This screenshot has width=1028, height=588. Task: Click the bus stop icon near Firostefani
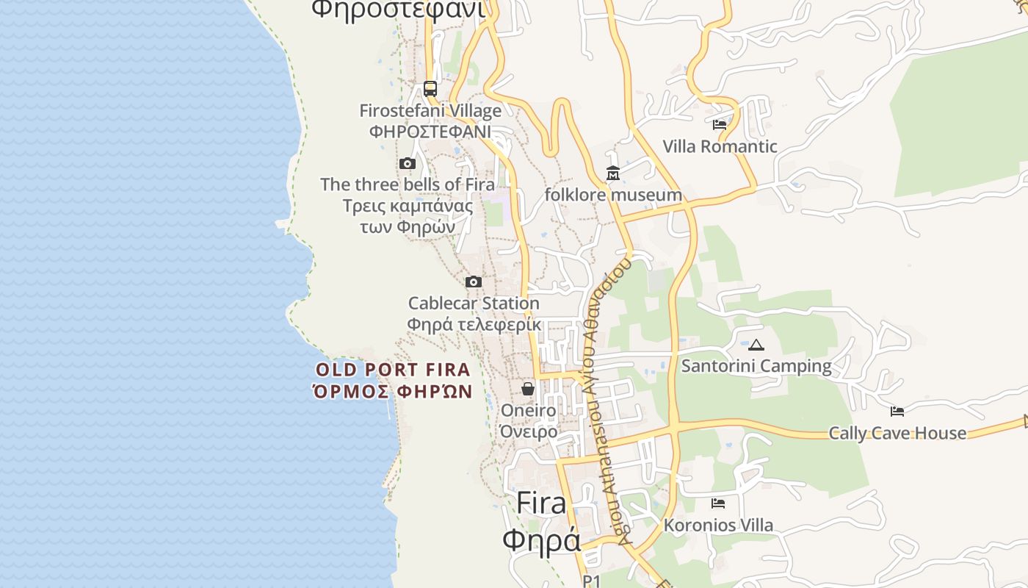click(430, 89)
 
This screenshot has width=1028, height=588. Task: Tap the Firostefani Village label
click(430, 111)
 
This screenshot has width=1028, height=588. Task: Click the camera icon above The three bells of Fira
click(408, 163)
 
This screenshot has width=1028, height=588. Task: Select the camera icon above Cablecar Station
click(474, 282)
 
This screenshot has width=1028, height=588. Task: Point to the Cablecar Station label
click(474, 303)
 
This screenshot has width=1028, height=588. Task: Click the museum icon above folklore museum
click(613, 173)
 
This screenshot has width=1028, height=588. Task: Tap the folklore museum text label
click(613, 195)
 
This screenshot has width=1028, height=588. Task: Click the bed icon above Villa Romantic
click(720, 125)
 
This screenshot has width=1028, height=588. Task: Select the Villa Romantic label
click(720, 146)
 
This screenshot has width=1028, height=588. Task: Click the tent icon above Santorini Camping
click(756, 344)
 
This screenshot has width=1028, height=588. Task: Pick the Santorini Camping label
click(756, 365)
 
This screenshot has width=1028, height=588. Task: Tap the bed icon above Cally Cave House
click(897, 411)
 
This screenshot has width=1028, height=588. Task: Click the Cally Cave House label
click(897, 433)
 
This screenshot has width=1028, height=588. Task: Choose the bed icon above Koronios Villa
click(718, 503)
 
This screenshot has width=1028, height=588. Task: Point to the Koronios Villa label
click(718, 526)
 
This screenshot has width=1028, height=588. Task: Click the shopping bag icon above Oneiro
click(528, 388)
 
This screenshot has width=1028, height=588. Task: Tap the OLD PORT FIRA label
click(393, 370)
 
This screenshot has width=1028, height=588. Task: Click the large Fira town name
click(541, 503)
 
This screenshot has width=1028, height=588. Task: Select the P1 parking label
click(592, 581)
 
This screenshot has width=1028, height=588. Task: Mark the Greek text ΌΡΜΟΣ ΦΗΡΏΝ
click(393, 391)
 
